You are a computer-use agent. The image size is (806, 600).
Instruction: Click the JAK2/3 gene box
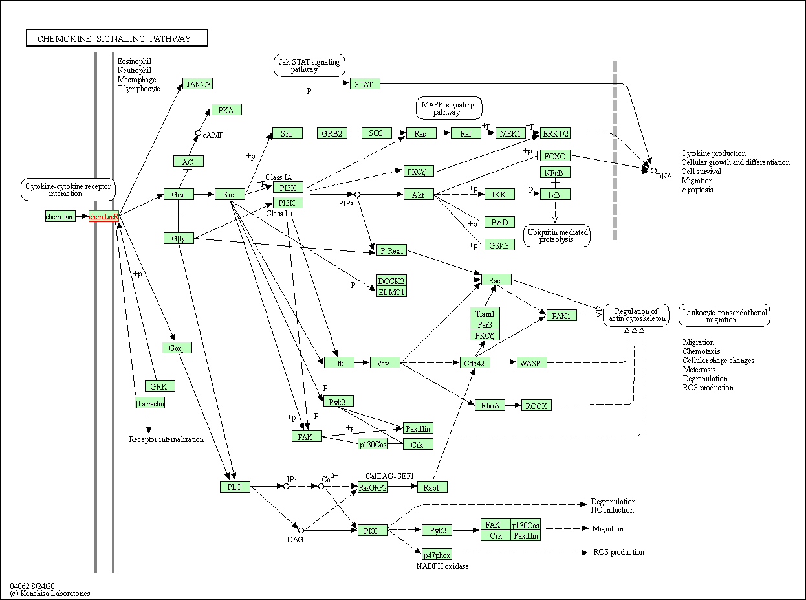pos(197,84)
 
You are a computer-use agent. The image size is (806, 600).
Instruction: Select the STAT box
pos(364,84)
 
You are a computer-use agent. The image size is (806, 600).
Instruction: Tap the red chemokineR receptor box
pos(103,216)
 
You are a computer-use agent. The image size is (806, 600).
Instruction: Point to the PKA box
pos(226,110)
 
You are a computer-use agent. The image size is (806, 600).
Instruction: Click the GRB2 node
pos(332,133)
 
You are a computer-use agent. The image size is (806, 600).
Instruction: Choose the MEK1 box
pos(510,133)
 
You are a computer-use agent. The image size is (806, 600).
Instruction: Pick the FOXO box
pos(555,156)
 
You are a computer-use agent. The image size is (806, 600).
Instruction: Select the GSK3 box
pos(499,245)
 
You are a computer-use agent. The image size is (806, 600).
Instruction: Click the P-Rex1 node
pos(391,250)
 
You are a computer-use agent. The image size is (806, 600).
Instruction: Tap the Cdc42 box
pos(474,363)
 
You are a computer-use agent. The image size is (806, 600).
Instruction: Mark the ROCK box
pos(536,406)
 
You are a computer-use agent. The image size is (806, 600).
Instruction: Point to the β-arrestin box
pos(149,403)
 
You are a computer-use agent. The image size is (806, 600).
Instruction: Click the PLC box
pos(235,486)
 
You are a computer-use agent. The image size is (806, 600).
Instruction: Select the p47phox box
pos(437,555)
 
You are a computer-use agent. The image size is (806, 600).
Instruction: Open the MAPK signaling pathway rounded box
pos(449,108)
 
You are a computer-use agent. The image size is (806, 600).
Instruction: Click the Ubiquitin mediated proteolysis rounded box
pos(558,236)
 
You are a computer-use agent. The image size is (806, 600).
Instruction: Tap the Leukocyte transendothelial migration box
pos(724,315)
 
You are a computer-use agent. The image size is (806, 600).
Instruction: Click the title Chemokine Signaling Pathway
pos(117,39)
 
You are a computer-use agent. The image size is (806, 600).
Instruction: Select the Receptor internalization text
pos(166,439)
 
